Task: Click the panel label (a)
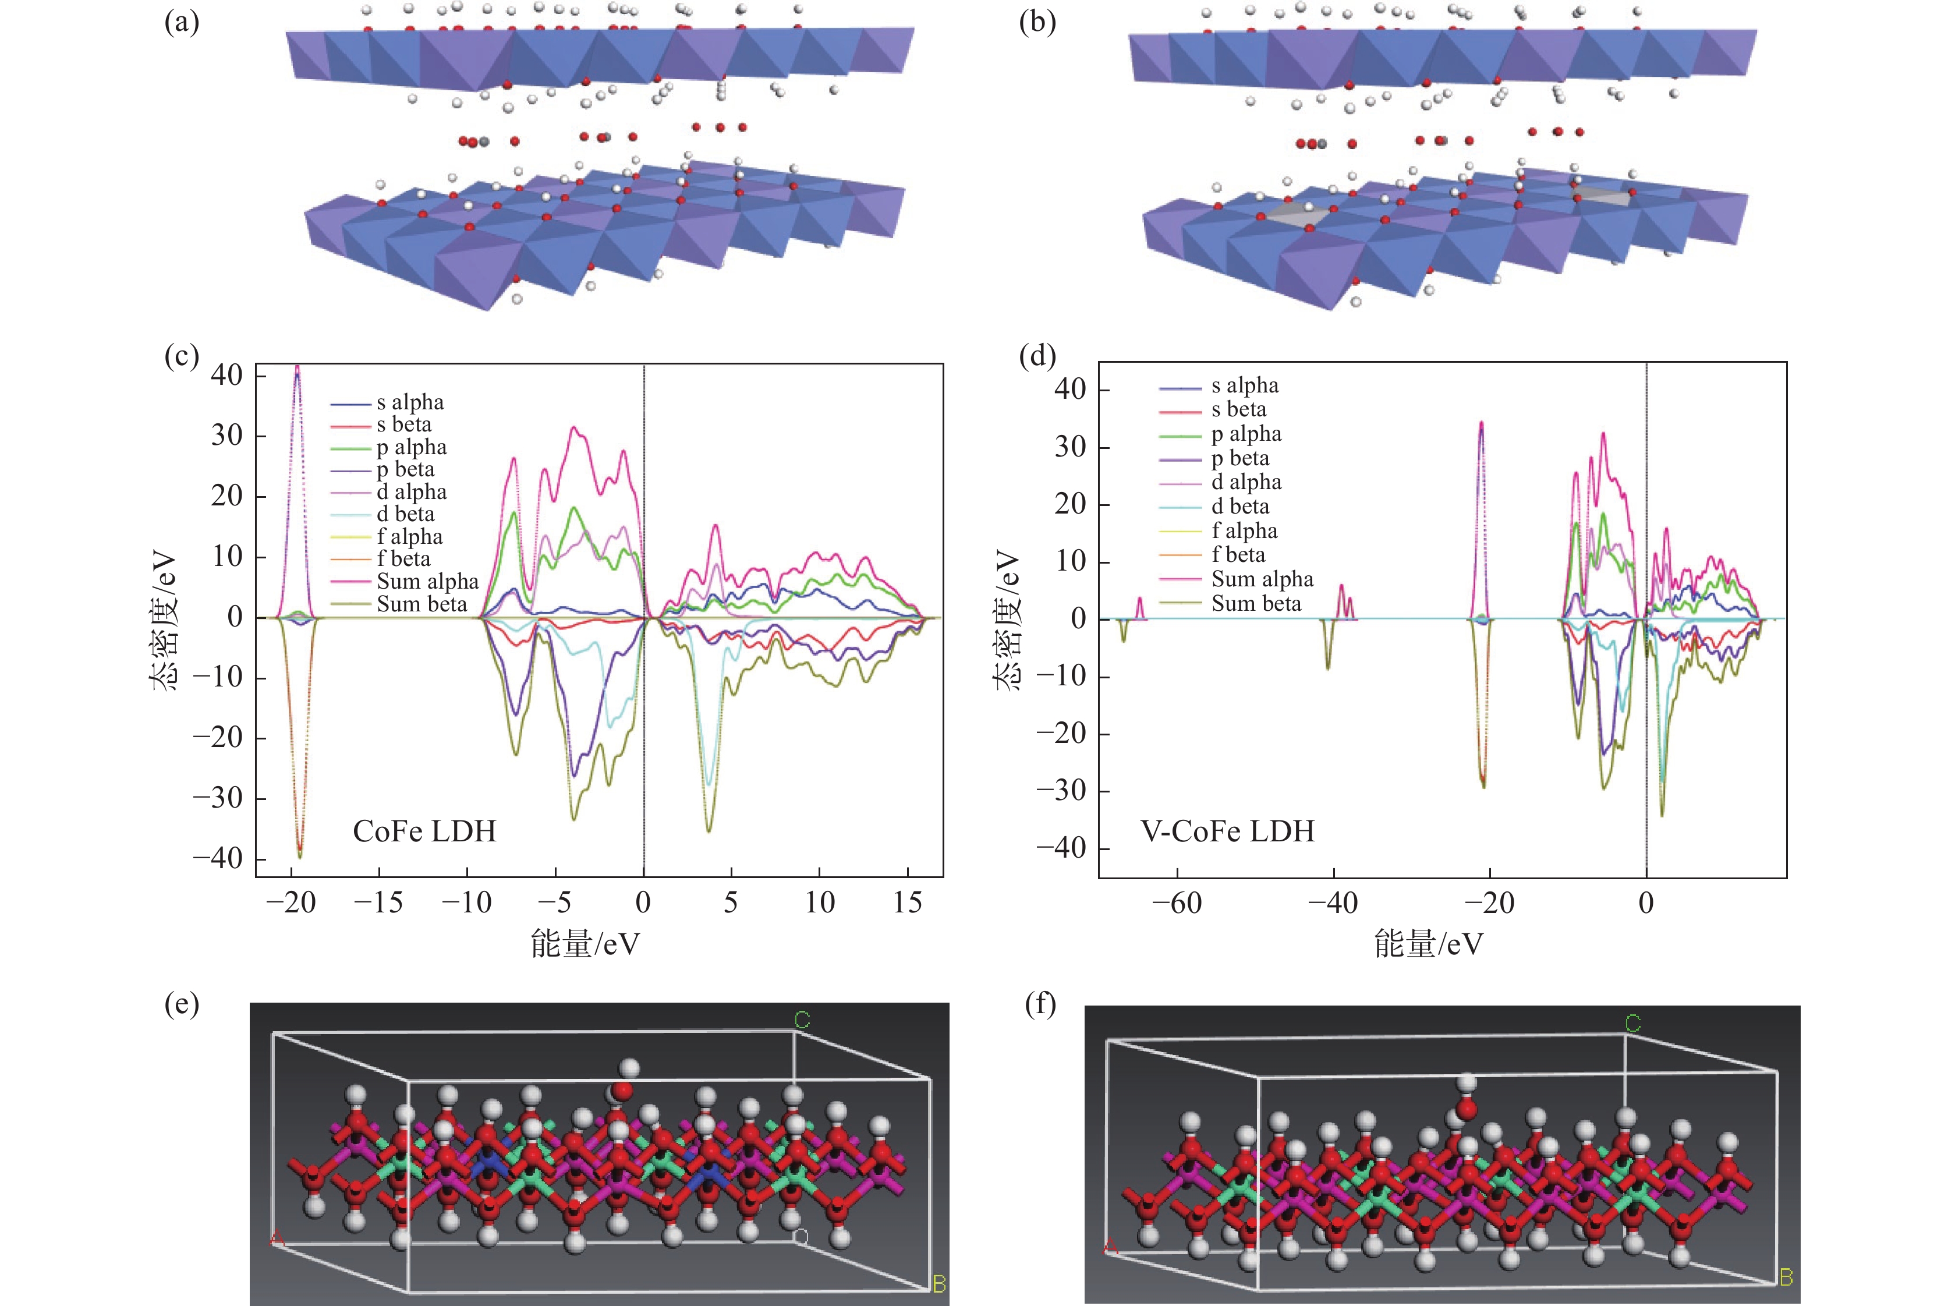(182, 23)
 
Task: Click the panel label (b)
(1037, 23)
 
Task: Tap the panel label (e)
(182, 1006)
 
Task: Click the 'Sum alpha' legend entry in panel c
(427, 581)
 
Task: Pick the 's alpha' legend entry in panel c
(410, 402)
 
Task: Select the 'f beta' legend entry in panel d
(1238, 555)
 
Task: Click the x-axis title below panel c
(586, 944)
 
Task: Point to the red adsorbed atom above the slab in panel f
(1467, 1109)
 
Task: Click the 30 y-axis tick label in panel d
(1069, 447)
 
